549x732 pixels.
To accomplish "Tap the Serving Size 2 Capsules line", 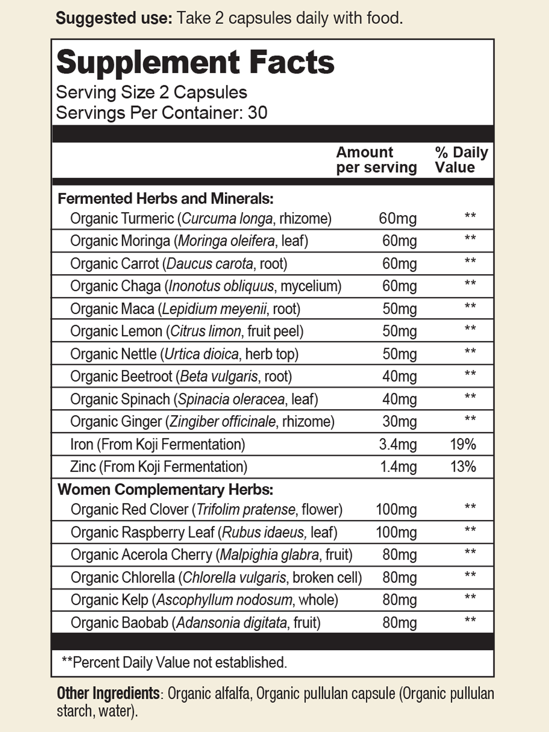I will click(x=151, y=93).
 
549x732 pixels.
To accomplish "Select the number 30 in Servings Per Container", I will click(x=257, y=113).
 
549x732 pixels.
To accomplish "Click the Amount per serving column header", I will click(x=376, y=160).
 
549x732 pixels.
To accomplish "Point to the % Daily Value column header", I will click(x=461, y=160).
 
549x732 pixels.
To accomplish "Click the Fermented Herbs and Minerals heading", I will click(x=165, y=199).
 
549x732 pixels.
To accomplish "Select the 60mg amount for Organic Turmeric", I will click(x=397, y=218).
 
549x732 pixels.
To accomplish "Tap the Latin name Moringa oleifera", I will click(x=226, y=241).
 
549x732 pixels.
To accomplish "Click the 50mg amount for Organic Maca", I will click(x=399, y=309).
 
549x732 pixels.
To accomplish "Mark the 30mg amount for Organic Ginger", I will click(x=399, y=422).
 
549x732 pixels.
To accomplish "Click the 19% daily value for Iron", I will click(x=463, y=445).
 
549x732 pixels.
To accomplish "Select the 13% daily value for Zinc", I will click(x=463, y=467).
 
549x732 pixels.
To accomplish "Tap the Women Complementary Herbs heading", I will click(x=165, y=490).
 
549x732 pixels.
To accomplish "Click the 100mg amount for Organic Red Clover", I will click(x=396, y=510).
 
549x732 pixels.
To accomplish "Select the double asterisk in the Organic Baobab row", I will click(x=470, y=621).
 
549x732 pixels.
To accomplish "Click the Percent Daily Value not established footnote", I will click(x=174, y=662).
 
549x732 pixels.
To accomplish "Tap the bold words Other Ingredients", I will click(x=108, y=693).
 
